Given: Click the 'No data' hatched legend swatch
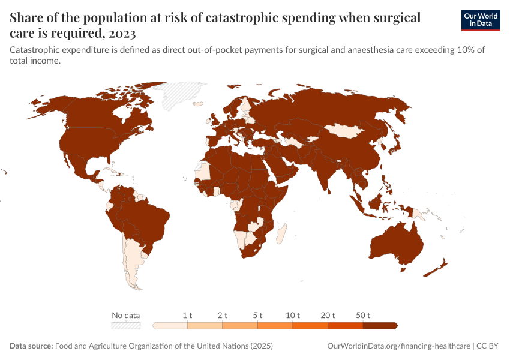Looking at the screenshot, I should [x=126, y=326].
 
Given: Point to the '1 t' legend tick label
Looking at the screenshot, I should [x=187, y=315].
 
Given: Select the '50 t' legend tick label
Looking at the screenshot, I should [x=363, y=315].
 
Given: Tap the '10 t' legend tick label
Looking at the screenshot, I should [x=293, y=315].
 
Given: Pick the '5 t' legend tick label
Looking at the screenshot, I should [x=257, y=315].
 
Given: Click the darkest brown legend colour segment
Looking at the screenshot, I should [x=379, y=326].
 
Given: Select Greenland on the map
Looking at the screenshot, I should [x=174, y=94].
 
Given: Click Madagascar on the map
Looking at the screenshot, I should [x=283, y=233].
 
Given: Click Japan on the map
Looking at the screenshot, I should [x=395, y=143].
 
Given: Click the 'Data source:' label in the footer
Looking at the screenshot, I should [x=31, y=346].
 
